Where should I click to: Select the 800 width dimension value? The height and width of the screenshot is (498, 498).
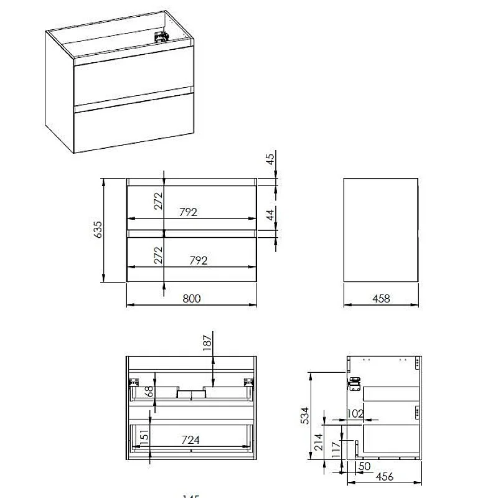click(192, 298)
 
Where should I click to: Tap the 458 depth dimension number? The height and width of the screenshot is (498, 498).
click(381, 298)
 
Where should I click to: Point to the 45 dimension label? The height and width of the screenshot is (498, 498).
click(270, 159)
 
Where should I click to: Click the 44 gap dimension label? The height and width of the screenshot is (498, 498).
click(270, 216)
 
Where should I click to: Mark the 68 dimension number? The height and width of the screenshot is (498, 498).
click(148, 393)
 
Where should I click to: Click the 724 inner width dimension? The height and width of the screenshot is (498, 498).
click(190, 439)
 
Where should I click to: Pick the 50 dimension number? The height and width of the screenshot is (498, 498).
click(364, 466)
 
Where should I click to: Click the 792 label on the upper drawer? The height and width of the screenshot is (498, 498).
click(188, 212)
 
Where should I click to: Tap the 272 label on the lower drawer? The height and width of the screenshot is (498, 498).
click(158, 255)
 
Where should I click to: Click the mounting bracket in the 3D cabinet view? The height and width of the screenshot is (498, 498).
click(162, 37)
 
